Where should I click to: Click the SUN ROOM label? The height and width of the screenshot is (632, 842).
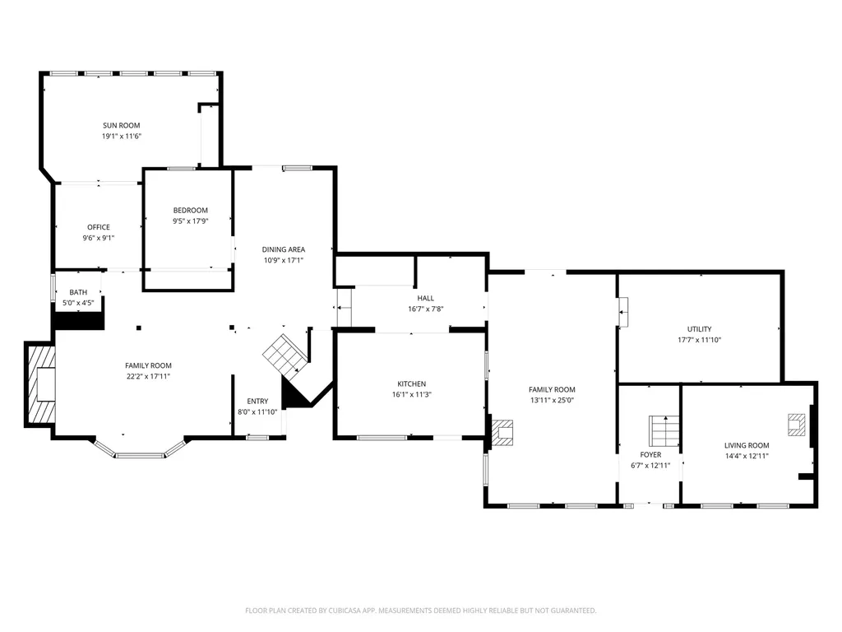click(122, 125)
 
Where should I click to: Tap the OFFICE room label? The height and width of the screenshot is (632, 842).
click(99, 227)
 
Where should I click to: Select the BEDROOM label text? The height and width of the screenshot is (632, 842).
click(190, 210)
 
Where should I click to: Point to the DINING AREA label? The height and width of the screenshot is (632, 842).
click(283, 249)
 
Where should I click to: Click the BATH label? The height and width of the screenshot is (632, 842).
click(78, 292)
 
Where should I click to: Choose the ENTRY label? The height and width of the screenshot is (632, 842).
click(257, 401)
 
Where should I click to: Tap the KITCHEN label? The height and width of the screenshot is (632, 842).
click(411, 383)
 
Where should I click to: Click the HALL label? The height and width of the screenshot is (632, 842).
click(425, 298)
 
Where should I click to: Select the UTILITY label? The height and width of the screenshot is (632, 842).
click(699, 329)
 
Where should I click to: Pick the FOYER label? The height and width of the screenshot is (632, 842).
click(650, 454)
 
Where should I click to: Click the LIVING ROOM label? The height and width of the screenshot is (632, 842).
click(747, 445)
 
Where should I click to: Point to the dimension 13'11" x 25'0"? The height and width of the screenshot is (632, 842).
click(552, 400)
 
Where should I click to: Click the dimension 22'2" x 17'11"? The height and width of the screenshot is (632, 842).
click(148, 376)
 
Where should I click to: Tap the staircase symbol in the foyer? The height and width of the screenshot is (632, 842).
click(664, 431)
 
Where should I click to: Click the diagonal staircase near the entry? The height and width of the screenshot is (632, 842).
click(285, 355)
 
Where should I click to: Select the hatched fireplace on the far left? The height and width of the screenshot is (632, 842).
click(41, 383)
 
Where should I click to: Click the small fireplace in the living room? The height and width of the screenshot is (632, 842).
click(796, 424)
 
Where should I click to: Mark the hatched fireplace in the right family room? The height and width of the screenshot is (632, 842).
click(502, 433)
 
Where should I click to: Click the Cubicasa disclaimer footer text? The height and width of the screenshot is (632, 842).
click(420, 611)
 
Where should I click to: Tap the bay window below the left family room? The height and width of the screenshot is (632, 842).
click(140, 449)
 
